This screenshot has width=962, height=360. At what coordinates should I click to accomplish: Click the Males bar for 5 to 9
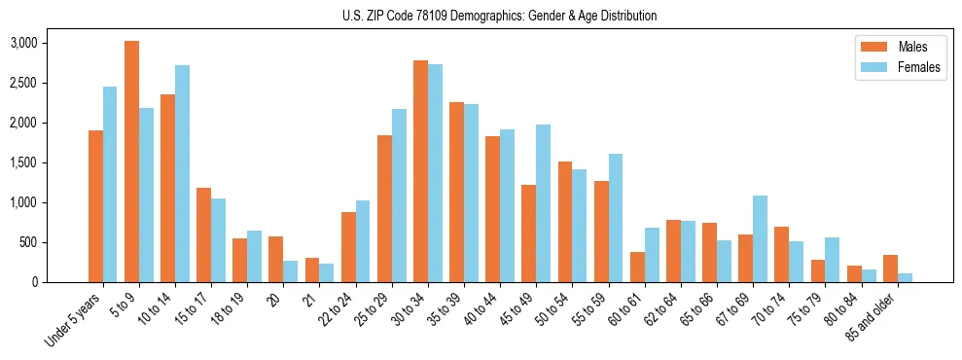(x=131, y=162)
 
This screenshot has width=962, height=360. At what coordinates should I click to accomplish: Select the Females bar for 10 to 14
(x=182, y=174)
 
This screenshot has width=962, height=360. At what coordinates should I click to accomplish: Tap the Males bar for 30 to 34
(x=420, y=171)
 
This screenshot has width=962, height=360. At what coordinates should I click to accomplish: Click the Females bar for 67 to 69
(x=760, y=239)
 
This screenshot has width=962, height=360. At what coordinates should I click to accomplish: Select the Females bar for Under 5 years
(x=110, y=185)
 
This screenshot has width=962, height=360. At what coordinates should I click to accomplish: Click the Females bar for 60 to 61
(x=652, y=255)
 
